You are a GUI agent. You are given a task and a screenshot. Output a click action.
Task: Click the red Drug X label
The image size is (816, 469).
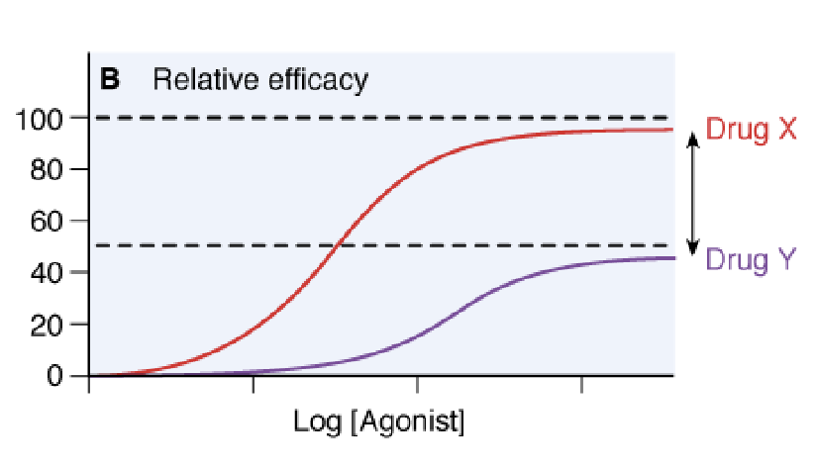pyautogui.click(x=751, y=129)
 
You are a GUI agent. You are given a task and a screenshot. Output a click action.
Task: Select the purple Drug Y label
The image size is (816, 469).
pyautogui.click(x=751, y=260)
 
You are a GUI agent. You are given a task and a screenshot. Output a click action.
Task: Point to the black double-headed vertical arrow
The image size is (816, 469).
pyautogui.click(x=694, y=194)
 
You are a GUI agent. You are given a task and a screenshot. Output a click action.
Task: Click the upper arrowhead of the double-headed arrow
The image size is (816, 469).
pyautogui.click(x=694, y=139)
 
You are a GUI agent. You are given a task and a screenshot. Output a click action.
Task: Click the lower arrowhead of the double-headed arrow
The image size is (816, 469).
pyautogui.click(x=694, y=248)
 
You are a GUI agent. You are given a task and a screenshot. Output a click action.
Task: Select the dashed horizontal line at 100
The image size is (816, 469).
pyautogui.click(x=396, y=118)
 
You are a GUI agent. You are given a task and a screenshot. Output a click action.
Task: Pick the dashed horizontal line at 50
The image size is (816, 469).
pyautogui.click(x=495, y=245)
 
